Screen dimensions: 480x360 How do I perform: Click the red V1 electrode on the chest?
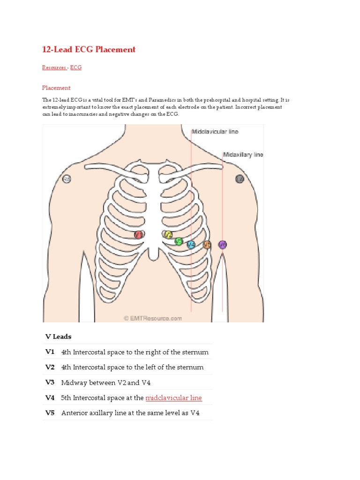tap(138, 234)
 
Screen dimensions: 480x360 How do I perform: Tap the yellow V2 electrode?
tap(167, 234)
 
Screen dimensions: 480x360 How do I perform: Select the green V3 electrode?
tap(179, 241)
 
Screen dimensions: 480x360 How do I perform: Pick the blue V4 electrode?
tap(191, 244)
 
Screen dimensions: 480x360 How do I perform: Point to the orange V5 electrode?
tap(207, 244)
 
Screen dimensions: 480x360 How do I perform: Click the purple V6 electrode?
tap(223, 244)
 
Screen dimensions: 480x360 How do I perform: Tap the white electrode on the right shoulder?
tap(67, 179)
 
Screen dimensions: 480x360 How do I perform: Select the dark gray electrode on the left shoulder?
tap(240, 179)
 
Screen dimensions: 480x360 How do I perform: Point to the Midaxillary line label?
tap(243, 154)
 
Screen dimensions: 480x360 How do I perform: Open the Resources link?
tap(54, 67)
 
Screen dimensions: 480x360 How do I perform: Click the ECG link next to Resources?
tap(76, 67)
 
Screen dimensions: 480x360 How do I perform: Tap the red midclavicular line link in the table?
tap(173, 398)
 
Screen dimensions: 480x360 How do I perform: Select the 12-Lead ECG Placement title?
tap(89, 49)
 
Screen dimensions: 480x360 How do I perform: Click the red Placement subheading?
tap(56, 88)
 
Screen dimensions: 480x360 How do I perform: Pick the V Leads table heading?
tap(58, 337)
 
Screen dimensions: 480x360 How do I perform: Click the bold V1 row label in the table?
tap(50, 352)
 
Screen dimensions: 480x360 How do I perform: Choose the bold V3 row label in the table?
tap(50, 382)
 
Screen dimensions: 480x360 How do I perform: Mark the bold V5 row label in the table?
tap(50, 413)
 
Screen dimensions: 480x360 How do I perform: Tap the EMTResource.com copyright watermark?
tap(153, 318)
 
